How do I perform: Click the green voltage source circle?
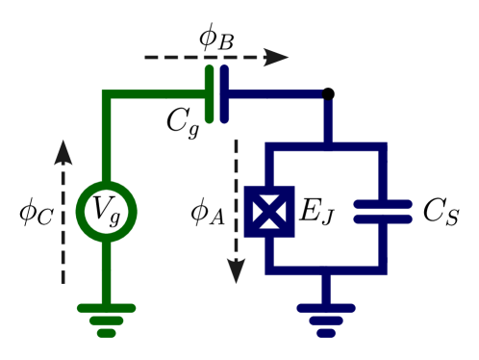(106, 212)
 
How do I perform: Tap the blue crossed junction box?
(269, 212)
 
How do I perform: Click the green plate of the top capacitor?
(210, 94)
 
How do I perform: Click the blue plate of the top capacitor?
(224, 94)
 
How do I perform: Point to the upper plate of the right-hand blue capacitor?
(383, 204)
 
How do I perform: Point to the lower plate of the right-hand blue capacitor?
(383, 219)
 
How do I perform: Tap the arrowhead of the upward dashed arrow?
(63, 152)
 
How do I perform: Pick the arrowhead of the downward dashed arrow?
(236, 270)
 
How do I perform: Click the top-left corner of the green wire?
(106, 94)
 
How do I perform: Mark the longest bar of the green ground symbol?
(106, 308)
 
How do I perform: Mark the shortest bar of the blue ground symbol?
(326, 333)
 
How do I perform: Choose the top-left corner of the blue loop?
(269, 147)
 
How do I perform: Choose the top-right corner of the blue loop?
(383, 147)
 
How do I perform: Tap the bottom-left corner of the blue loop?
(269, 270)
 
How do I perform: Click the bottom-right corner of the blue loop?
(383, 270)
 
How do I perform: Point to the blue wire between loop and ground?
(326, 288)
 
